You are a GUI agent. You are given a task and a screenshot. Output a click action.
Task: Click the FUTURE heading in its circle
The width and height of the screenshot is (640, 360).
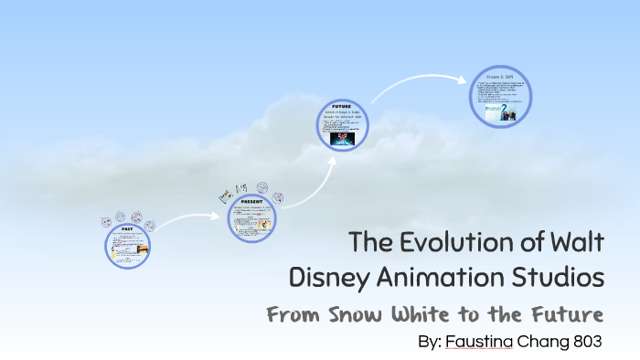[x=343, y=105]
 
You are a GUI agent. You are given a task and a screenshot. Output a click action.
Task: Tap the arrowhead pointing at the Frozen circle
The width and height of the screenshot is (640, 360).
[x=467, y=79]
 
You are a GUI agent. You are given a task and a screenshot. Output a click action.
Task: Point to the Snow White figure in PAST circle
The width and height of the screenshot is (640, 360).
[x=114, y=253]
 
